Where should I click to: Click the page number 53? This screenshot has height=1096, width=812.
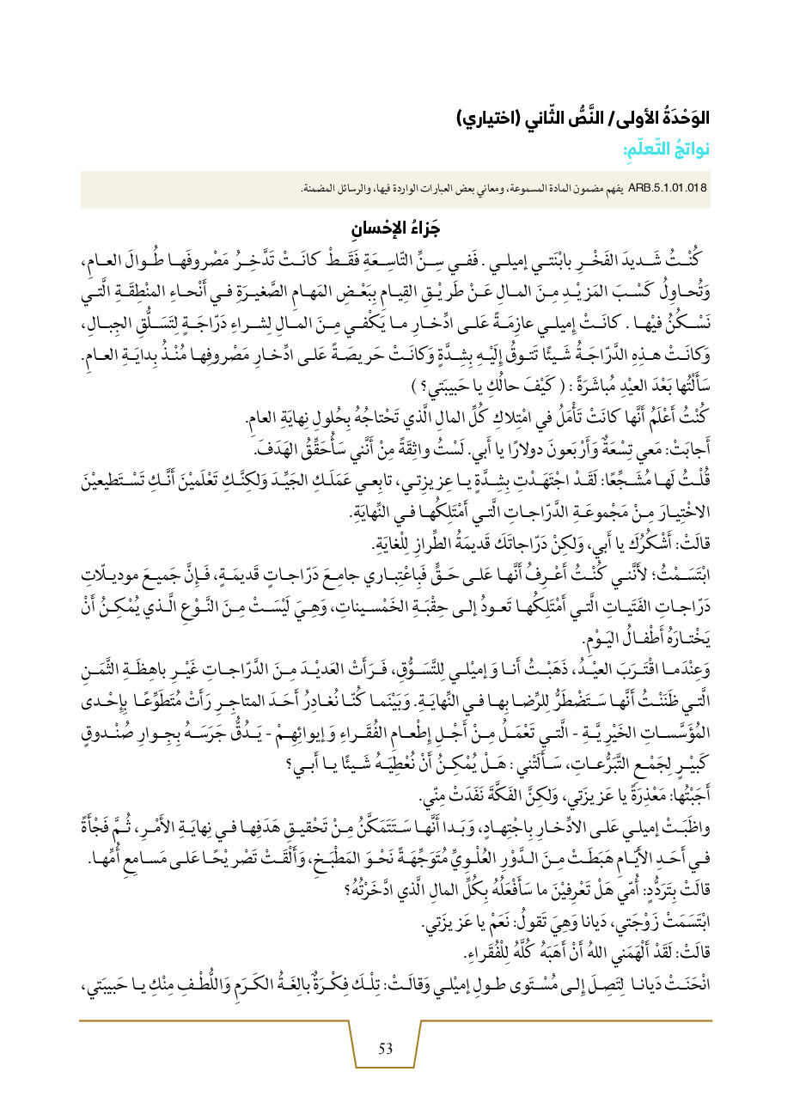pos(386,1048)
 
